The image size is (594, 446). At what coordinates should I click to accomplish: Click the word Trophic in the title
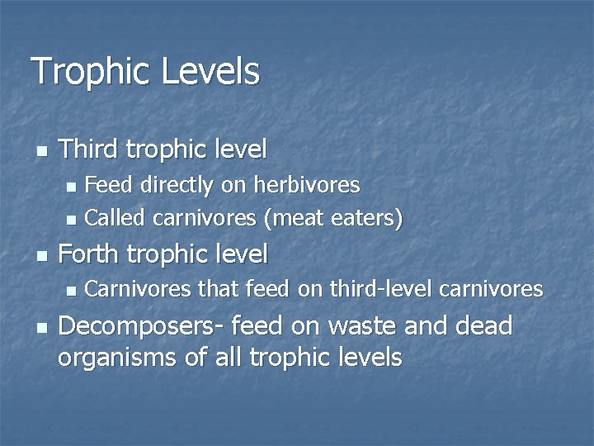tap(90, 71)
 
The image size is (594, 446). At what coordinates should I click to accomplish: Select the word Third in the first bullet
tap(89, 149)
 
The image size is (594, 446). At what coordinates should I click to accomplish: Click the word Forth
tap(89, 254)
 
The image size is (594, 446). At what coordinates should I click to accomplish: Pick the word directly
tap(179, 185)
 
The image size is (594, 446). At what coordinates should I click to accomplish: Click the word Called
tap(115, 219)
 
